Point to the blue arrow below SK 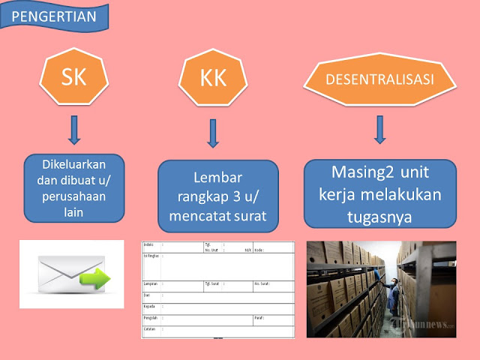click(73, 129)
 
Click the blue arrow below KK click(213, 133)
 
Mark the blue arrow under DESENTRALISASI click(380, 129)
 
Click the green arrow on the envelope click(94, 279)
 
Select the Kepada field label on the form click(151, 307)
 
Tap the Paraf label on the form click(259, 318)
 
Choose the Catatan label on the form click(151, 328)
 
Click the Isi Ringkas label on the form click(151, 256)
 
